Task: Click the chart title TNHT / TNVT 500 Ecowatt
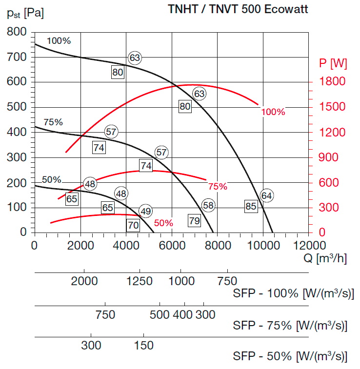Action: (238, 10)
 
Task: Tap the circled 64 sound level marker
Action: (266, 195)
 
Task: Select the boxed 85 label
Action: (251, 206)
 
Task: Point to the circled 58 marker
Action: (208, 205)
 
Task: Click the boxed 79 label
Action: (194, 221)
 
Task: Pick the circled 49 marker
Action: (145, 211)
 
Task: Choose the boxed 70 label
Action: (133, 225)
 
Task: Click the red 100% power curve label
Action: (273, 112)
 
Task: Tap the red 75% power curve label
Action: (218, 186)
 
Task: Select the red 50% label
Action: (163, 223)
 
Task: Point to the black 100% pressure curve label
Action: (59, 41)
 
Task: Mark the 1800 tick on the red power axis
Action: (333, 81)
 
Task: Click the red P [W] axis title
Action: (333, 63)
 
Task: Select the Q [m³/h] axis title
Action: (324, 258)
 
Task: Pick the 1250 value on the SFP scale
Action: (140, 281)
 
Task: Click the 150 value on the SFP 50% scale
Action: (143, 346)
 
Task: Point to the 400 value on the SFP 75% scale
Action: (183, 315)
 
